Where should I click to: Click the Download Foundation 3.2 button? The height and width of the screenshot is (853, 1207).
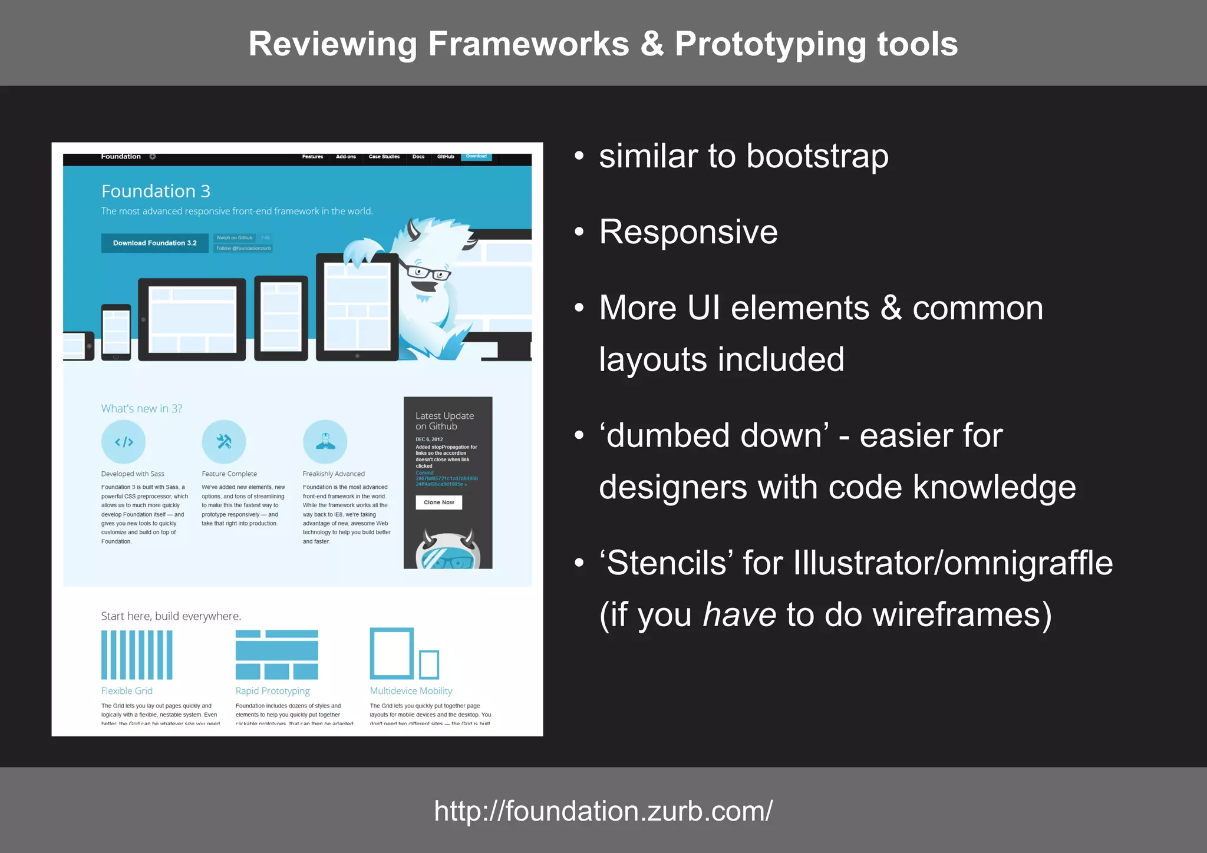coord(154,243)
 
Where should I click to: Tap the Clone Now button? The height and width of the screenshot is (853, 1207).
coord(438,502)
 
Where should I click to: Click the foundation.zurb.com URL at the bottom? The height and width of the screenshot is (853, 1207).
coord(603,811)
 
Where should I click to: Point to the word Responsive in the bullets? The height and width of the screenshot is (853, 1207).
coord(688,232)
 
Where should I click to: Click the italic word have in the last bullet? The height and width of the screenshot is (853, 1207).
coord(739,615)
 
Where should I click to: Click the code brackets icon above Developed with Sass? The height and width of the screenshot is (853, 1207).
coord(123,442)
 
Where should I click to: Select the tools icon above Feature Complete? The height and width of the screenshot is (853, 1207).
coord(224,442)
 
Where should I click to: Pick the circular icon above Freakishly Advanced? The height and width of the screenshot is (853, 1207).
coord(325,442)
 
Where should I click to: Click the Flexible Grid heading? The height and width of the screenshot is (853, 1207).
coord(127,691)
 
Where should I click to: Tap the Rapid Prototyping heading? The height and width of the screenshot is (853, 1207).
coord(272,691)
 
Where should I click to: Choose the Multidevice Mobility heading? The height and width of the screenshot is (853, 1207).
coord(411,691)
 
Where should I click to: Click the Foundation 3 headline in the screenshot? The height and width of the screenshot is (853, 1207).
coord(156,191)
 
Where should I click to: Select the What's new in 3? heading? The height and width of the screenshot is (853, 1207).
coord(141,409)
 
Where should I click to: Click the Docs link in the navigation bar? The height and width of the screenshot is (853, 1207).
coord(418,157)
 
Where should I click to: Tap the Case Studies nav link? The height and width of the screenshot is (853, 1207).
coord(384,157)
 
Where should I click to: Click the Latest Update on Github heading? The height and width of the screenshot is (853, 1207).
coord(444,421)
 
